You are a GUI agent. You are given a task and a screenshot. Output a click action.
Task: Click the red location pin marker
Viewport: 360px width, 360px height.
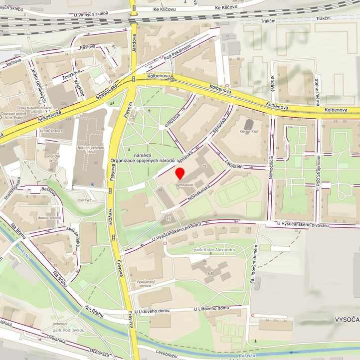click(180, 174)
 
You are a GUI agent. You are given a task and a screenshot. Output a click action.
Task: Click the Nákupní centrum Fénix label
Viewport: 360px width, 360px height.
click(90, 151)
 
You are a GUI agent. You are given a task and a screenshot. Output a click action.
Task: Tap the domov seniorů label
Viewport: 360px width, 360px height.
click(49, 218)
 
